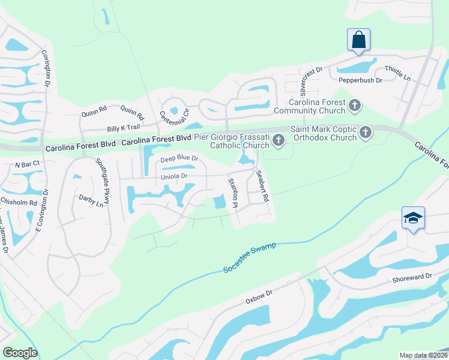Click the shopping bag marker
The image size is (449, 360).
358,40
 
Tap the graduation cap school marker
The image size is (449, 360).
413,218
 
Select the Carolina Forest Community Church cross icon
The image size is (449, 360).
355,106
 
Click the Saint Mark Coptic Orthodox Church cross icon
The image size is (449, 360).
366,133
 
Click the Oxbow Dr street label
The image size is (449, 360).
259,296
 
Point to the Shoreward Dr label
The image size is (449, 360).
412,277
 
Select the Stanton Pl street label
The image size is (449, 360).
232,193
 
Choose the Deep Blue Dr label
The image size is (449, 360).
179,159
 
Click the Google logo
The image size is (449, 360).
20,353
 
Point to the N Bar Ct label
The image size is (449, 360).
27,163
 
